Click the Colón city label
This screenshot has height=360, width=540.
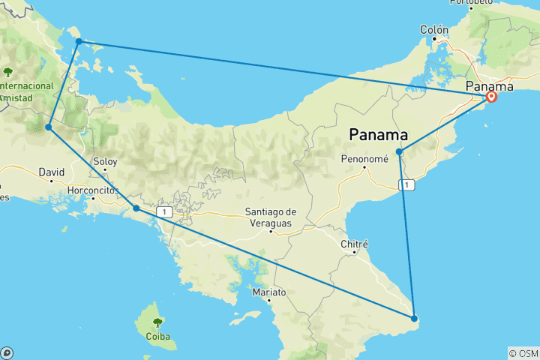pyautogui.click(x=434, y=30)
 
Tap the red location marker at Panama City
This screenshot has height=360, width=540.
pyautogui.click(x=491, y=96)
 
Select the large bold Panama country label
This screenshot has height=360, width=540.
pyautogui.click(x=379, y=136)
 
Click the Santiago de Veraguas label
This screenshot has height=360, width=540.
pyautogui.click(x=271, y=217)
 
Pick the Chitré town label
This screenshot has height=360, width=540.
pyautogui.click(x=355, y=244)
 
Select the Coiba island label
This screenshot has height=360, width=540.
pyautogui.click(x=157, y=336)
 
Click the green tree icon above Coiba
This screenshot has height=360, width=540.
pyautogui.click(x=157, y=322)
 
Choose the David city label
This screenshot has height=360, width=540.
pyautogui.click(x=52, y=172)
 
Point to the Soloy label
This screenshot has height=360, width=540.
pyautogui.click(x=105, y=161)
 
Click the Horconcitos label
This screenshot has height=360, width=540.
pyautogui.click(x=93, y=190)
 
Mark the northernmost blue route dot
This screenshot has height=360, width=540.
pyautogui.click(x=79, y=41)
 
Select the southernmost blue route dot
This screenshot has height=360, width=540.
pyautogui.click(x=414, y=319)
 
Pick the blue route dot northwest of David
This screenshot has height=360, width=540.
pyautogui.click(x=48, y=127)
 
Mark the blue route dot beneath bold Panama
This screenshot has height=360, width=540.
pyautogui.click(x=400, y=152)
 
